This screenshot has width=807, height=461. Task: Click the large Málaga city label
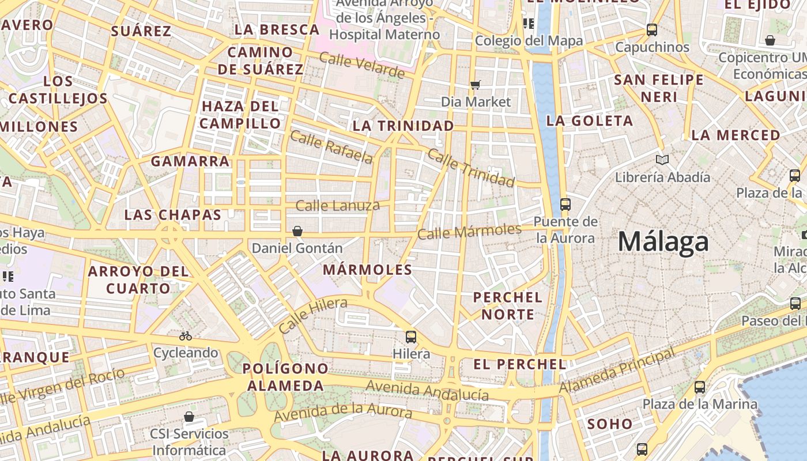tap(663, 241)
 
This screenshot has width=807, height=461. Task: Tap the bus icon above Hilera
tap(411, 337)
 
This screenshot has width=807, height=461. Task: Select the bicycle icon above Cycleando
tap(186, 335)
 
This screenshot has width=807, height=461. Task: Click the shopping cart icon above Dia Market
tap(476, 85)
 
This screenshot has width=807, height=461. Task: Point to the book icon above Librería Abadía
tap(662, 160)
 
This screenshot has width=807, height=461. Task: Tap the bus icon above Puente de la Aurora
tap(565, 204)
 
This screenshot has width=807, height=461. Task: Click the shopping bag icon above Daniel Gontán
tap(297, 231)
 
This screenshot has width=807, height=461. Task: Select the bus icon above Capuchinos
tap(652, 30)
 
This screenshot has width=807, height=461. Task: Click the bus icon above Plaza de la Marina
tap(700, 387)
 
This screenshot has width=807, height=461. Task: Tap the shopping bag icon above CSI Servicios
tap(189, 417)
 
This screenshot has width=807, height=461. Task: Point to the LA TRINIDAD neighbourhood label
tap(403, 126)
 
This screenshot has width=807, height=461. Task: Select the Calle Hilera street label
tap(313, 315)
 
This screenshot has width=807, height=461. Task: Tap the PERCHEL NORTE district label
tap(508, 306)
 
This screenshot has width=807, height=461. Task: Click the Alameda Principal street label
tap(617, 371)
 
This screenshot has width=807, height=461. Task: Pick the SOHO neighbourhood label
tap(610, 424)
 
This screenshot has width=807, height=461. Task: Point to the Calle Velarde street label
tap(361, 65)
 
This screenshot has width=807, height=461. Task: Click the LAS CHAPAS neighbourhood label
tap(173, 215)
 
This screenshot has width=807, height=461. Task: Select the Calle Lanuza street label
tap(338, 206)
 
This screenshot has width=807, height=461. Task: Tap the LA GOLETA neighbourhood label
tap(590, 121)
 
